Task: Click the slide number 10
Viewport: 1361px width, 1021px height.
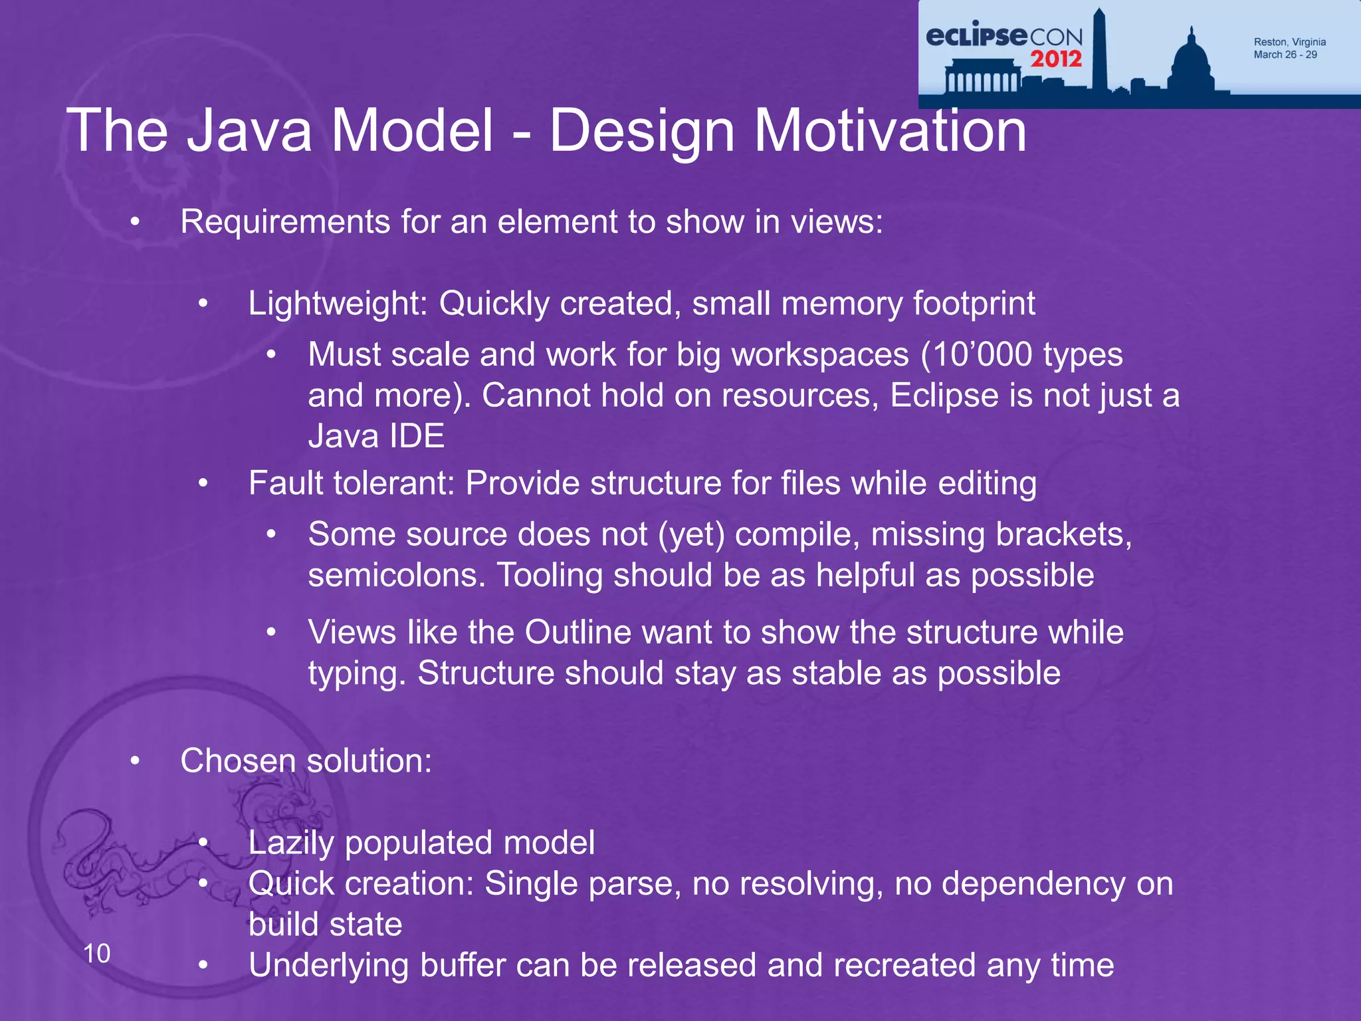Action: (97, 954)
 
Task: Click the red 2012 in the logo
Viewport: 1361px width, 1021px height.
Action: (1056, 58)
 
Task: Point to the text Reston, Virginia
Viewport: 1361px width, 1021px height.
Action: (1289, 42)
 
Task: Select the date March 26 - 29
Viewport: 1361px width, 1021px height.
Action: (1285, 55)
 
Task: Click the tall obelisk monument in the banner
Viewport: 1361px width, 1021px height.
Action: (1099, 50)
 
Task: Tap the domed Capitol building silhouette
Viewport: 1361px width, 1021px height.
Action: (1191, 63)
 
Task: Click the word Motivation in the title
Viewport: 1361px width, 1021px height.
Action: (890, 131)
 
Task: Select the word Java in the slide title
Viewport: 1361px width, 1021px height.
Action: (249, 131)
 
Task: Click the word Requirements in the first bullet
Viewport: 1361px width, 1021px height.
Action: (285, 222)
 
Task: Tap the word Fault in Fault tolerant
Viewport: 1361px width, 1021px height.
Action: (286, 483)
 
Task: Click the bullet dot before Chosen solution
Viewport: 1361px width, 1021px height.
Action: (135, 761)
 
